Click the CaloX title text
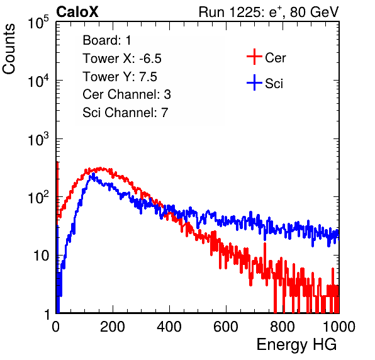[77, 12]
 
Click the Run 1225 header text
[269, 12]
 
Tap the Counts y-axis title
[9, 49]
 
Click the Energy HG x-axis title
[296, 345]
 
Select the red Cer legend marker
[254, 57]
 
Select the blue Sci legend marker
[254, 82]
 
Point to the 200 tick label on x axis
[112, 327]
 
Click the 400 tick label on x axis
[169, 327]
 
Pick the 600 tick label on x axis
[225, 327]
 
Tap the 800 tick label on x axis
[283, 327]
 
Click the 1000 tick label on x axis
[339, 327]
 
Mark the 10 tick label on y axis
[41, 256]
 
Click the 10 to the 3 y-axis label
[38, 139]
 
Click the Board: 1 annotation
[107, 40]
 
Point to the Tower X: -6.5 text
[122, 59]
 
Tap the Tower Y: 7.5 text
[120, 77]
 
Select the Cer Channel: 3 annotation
[126, 94]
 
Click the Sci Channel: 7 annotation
[125, 113]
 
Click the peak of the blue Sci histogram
[93, 174]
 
